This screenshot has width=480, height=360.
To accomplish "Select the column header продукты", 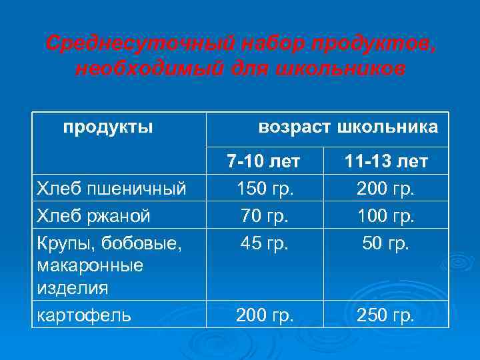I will click(108, 127).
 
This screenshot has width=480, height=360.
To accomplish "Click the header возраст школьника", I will click(348, 127).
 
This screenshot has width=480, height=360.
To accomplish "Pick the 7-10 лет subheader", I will click(263, 161).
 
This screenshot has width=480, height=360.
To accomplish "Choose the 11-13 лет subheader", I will click(386, 161).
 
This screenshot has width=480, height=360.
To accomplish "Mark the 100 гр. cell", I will click(386, 216).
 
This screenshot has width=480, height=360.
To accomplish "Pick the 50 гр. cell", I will click(386, 243).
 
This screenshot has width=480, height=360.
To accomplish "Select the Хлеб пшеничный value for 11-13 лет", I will click(386, 189).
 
